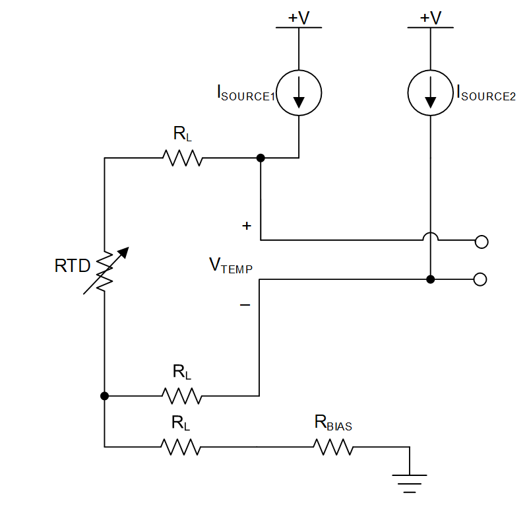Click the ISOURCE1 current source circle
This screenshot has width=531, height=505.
(x=299, y=92)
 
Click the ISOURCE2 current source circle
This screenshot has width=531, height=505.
(x=431, y=92)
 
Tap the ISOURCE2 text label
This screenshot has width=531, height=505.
(x=485, y=93)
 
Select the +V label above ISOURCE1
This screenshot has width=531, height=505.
(x=299, y=18)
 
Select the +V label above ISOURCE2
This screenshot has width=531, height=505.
(x=431, y=18)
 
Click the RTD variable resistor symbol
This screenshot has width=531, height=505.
(x=106, y=271)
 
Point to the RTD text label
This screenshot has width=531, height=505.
(x=73, y=267)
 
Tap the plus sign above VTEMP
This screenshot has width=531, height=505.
(x=247, y=226)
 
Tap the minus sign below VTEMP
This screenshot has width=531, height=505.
(x=245, y=305)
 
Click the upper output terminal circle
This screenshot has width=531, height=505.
(x=482, y=242)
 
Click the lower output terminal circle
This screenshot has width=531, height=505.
(x=481, y=279)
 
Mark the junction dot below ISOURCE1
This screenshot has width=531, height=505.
(x=261, y=158)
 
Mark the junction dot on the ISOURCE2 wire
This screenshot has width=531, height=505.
(x=431, y=279)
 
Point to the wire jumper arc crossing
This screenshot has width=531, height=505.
(x=431, y=236)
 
